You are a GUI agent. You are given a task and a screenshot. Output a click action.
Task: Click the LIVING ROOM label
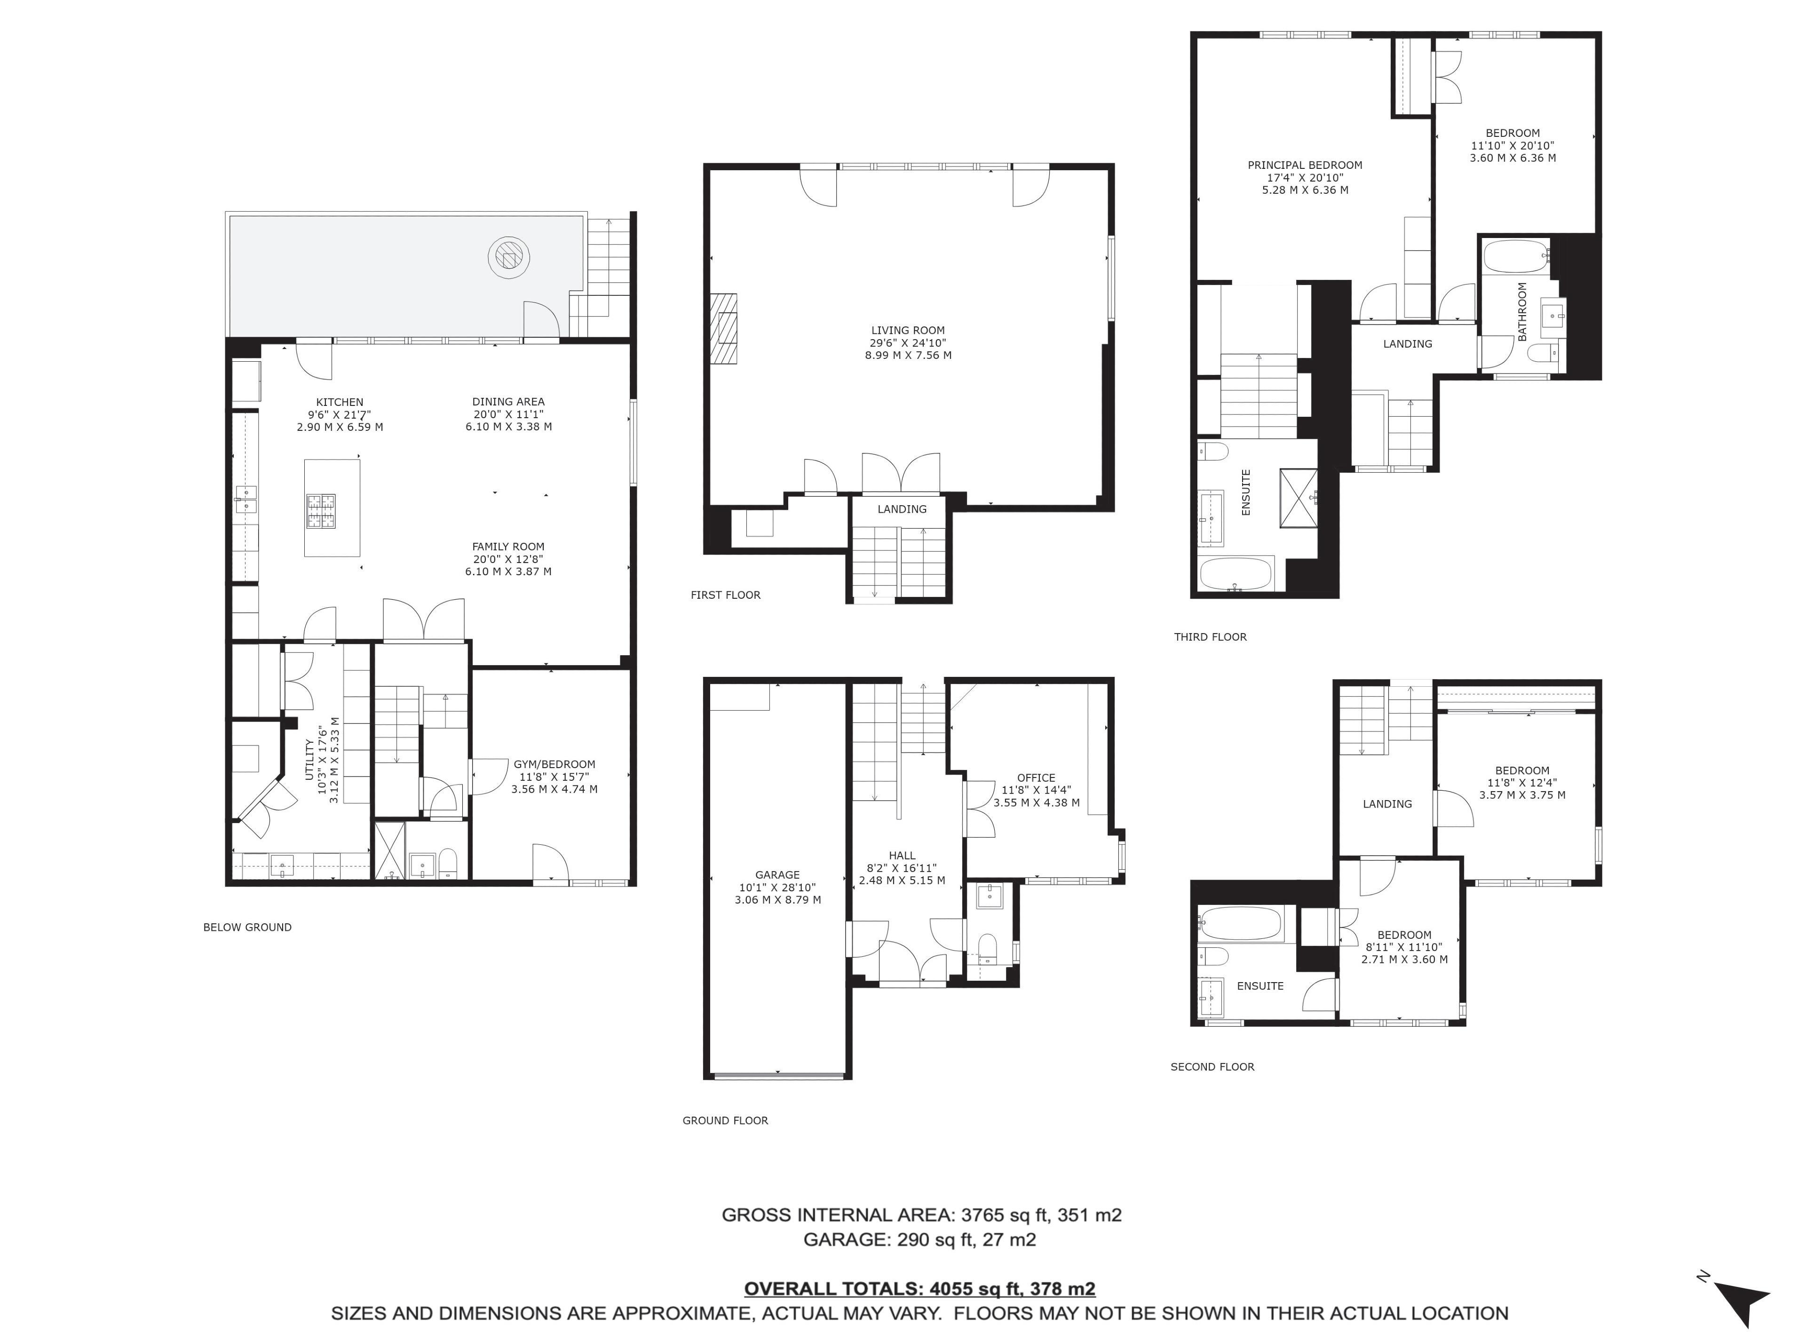(907, 330)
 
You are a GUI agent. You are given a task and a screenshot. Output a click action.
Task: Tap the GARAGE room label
(777, 875)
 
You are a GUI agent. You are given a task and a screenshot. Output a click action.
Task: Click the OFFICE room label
(1037, 778)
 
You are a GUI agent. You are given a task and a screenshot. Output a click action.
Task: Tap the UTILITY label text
(309, 759)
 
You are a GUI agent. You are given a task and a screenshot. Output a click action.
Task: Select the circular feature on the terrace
(509, 257)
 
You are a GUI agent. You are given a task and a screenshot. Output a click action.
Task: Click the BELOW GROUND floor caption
(248, 927)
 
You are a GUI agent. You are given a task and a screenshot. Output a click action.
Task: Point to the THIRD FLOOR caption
(1210, 637)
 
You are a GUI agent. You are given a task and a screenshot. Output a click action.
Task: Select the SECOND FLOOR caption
(1212, 1067)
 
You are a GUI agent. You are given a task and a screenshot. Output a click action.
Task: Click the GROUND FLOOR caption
(725, 1120)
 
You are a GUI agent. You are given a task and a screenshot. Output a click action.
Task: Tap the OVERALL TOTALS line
(919, 1289)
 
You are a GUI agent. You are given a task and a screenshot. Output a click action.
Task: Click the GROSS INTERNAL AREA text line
(921, 1214)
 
